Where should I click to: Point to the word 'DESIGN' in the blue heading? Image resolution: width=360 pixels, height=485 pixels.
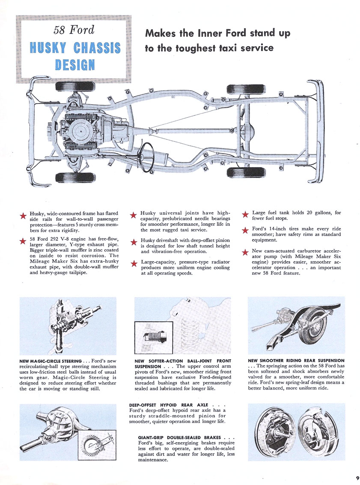click(x=74, y=65)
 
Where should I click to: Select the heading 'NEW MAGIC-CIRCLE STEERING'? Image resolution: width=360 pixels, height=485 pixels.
click(x=51, y=361)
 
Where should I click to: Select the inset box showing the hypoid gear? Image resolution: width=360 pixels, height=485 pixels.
click(x=97, y=444)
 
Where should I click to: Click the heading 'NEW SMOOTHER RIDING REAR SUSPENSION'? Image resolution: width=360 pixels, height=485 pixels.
click(x=296, y=361)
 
